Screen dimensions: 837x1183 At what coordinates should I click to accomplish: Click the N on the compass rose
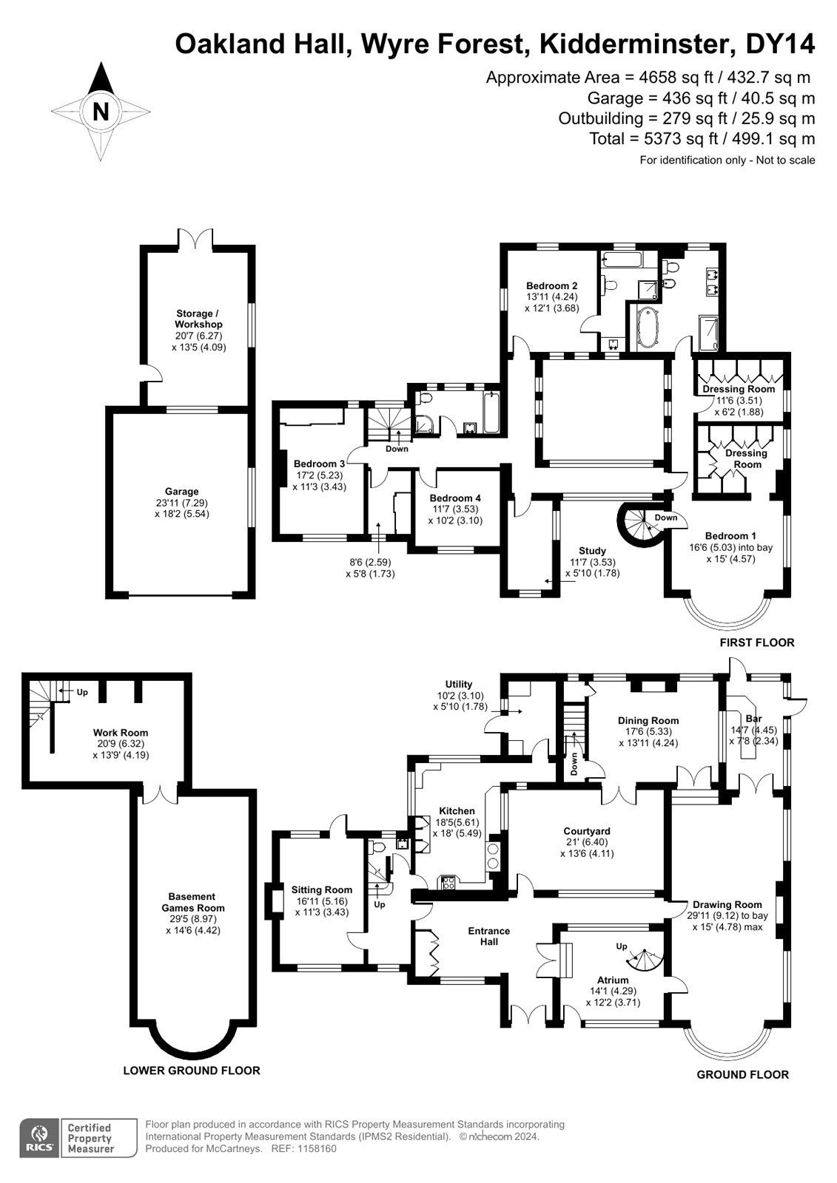pos(101,112)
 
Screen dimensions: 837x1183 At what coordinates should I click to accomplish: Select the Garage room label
pos(181,491)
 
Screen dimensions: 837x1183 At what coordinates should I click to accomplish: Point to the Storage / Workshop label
pos(198,319)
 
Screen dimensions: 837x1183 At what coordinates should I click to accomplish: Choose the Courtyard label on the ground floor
pos(587,831)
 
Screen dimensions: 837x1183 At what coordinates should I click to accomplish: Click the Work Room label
pos(121,733)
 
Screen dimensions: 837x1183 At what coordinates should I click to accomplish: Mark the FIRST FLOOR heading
pos(756,643)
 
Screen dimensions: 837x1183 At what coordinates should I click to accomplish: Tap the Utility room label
pos(458,684)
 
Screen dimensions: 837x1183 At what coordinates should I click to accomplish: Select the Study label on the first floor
pos(592,550)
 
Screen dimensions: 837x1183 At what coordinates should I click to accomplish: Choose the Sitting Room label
pos(321,890)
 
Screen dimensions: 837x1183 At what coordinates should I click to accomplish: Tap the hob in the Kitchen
pos(448,883)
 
